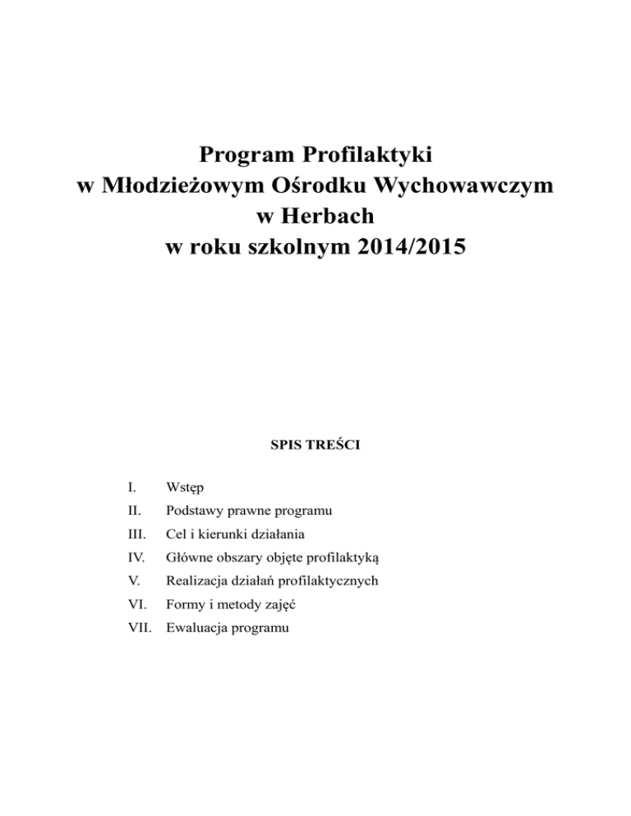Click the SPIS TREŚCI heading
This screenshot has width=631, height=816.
[315, 447]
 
